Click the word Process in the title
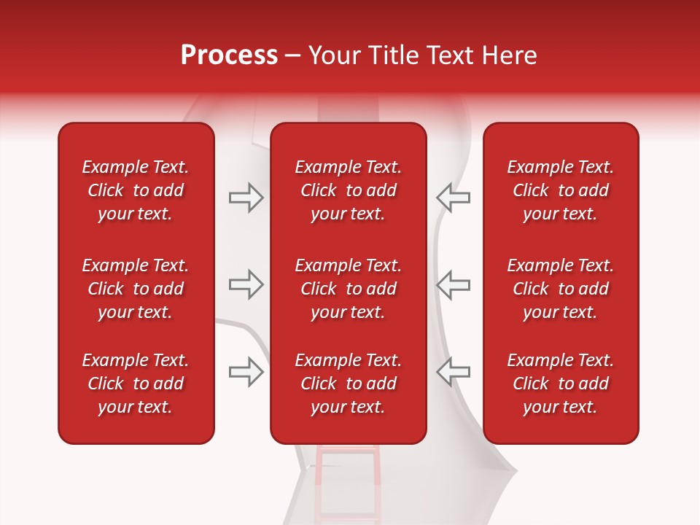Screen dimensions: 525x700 click(x=229, y=55)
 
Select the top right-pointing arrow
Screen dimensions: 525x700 click(x=246, y=198)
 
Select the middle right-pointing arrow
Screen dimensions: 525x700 click(x=246, y=284)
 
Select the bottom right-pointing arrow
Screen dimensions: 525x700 click(x=246, y=372)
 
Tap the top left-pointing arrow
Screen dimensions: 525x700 click(x=453, y=198)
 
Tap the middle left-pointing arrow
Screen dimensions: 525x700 click(x=453, y=284)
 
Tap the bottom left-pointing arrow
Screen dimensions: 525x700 click(x=453, y=372)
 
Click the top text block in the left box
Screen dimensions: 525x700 click(x=136, y=190)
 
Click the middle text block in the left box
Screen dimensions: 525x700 click(x=136, y=289)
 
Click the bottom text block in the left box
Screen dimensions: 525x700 click(x=136, y=384)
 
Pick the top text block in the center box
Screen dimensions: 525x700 click(x=348, y=190)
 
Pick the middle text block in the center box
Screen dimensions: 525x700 click(x=348, y=289)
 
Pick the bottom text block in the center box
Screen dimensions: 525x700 click(x=348, y=384)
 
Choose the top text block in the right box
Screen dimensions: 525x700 click(x=560, y=190)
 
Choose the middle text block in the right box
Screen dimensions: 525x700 click(x=560, y=289)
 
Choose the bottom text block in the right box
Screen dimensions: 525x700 click(x=560, y=384)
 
